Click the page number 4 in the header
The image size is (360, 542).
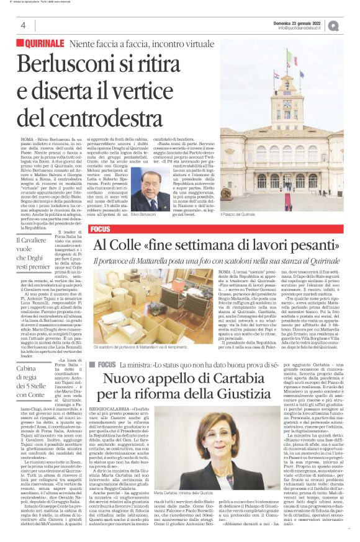point(23,25)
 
